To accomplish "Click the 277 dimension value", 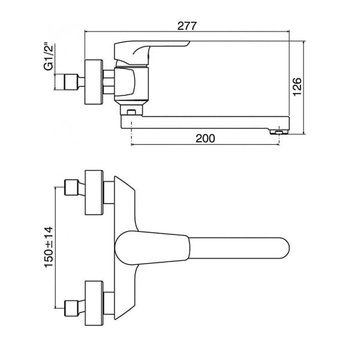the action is pos(187,26).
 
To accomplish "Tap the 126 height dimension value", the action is pos(298,87).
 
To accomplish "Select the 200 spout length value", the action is pos(205,138).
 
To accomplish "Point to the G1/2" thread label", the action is pos(49,56).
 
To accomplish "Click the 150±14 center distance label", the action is pos(49,247).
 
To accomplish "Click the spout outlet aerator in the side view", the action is pos(279,132).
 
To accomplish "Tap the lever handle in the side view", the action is pos(147,53).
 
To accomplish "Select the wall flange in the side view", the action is pos(94,82).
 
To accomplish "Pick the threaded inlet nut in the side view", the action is pos(71,82).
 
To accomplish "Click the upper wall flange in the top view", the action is pos(94,193).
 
